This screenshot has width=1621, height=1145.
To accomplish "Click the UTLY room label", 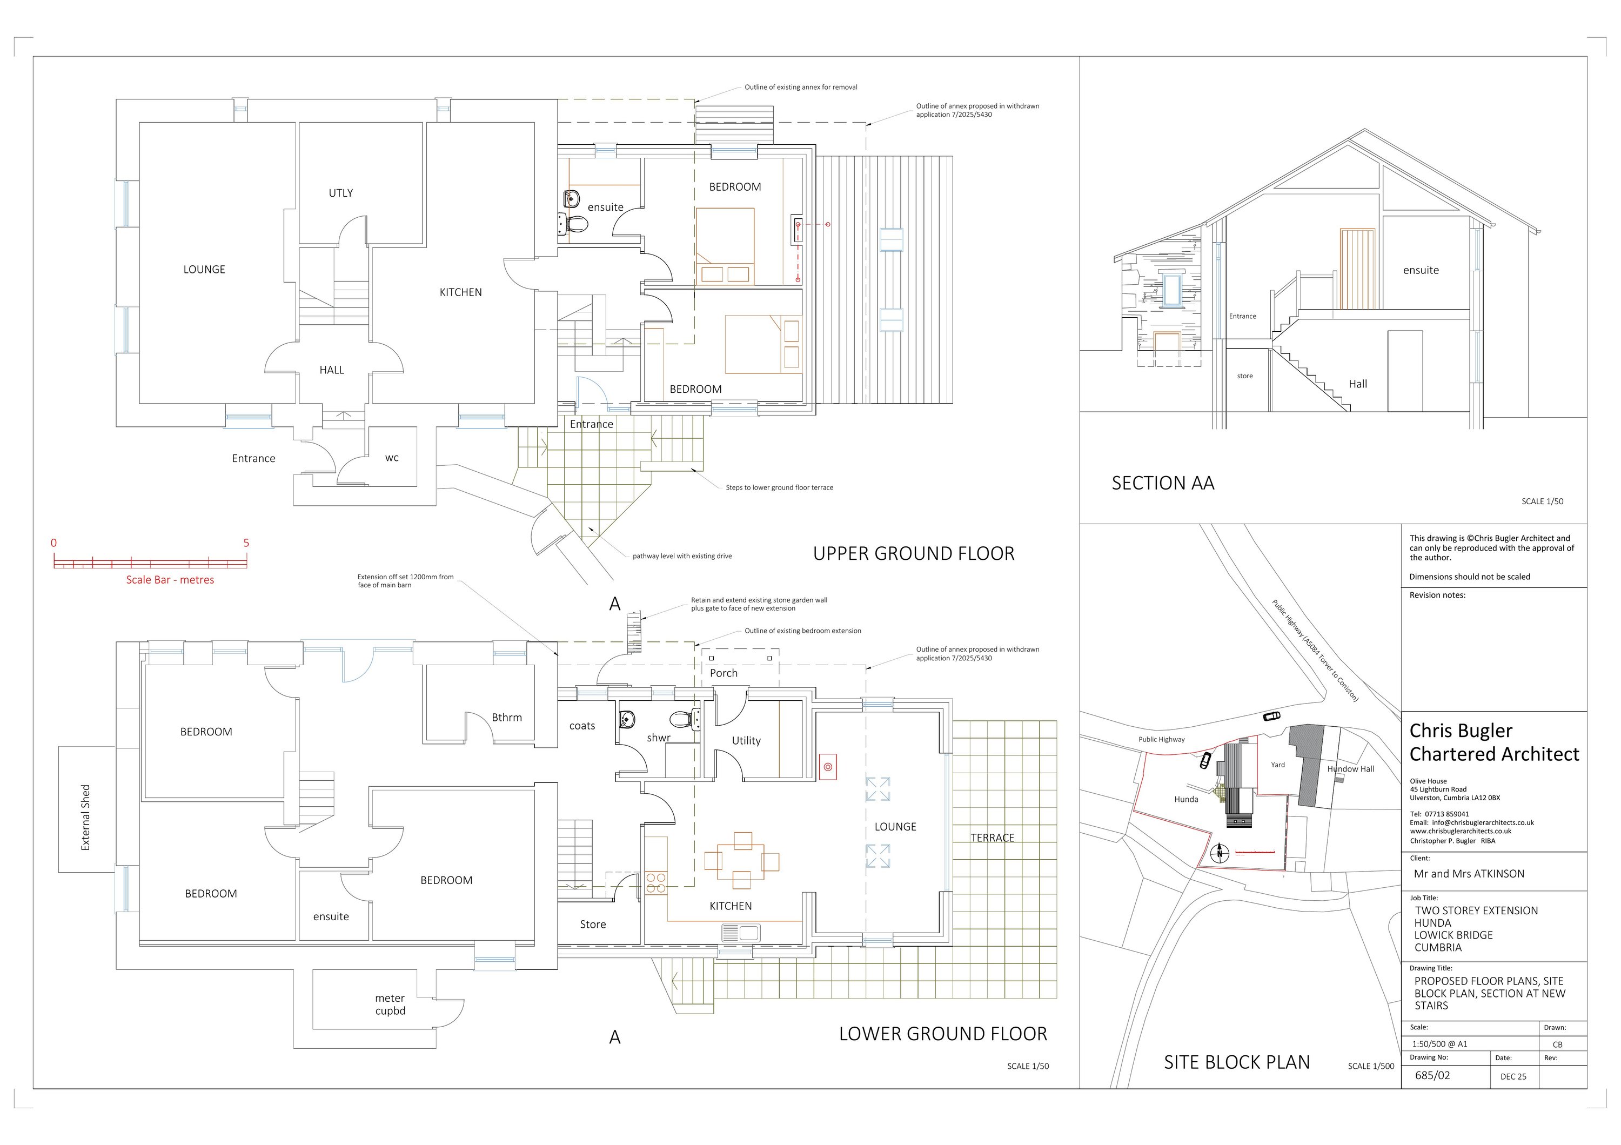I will (340, 193).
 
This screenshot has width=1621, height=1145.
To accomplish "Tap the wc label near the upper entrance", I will (392, 458).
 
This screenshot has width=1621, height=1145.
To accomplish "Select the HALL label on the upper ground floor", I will (331, 370).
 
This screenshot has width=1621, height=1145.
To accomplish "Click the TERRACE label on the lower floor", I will (992, 838).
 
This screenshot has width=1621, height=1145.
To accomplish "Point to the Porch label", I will (724, 673).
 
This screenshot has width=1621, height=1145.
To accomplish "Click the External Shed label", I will (85, 818).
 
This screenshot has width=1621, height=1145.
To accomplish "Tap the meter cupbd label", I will (390, 1005).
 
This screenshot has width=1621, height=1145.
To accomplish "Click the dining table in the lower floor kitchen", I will (741, 861).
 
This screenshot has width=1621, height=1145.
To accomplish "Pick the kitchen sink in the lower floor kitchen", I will (740, 934).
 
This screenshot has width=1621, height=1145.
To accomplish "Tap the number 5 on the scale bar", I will (246, 543).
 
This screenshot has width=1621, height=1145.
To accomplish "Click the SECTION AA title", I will (1163, 484).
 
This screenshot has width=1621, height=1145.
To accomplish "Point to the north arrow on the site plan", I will (1220, 853).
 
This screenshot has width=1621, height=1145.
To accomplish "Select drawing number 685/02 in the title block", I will (1432, 1076).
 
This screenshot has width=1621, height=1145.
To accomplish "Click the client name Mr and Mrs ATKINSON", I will (1469, 874).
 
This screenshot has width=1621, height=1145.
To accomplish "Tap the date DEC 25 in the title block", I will (1513, 1076).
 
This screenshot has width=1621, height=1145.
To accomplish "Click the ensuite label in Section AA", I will (1421, 270).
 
